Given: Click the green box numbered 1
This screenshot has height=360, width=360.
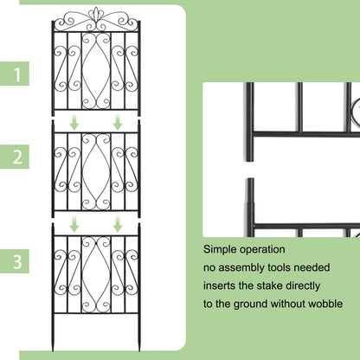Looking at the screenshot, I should (17, 74).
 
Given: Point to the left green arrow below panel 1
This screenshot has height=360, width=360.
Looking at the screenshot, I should (74, 124).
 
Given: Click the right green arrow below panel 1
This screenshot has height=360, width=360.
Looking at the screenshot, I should (117, 124).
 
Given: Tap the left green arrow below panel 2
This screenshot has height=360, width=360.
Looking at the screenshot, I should (74, 225).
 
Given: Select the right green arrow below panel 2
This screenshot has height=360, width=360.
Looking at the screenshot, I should (117, 225).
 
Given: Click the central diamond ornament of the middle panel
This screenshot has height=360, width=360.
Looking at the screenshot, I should (95, 169).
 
